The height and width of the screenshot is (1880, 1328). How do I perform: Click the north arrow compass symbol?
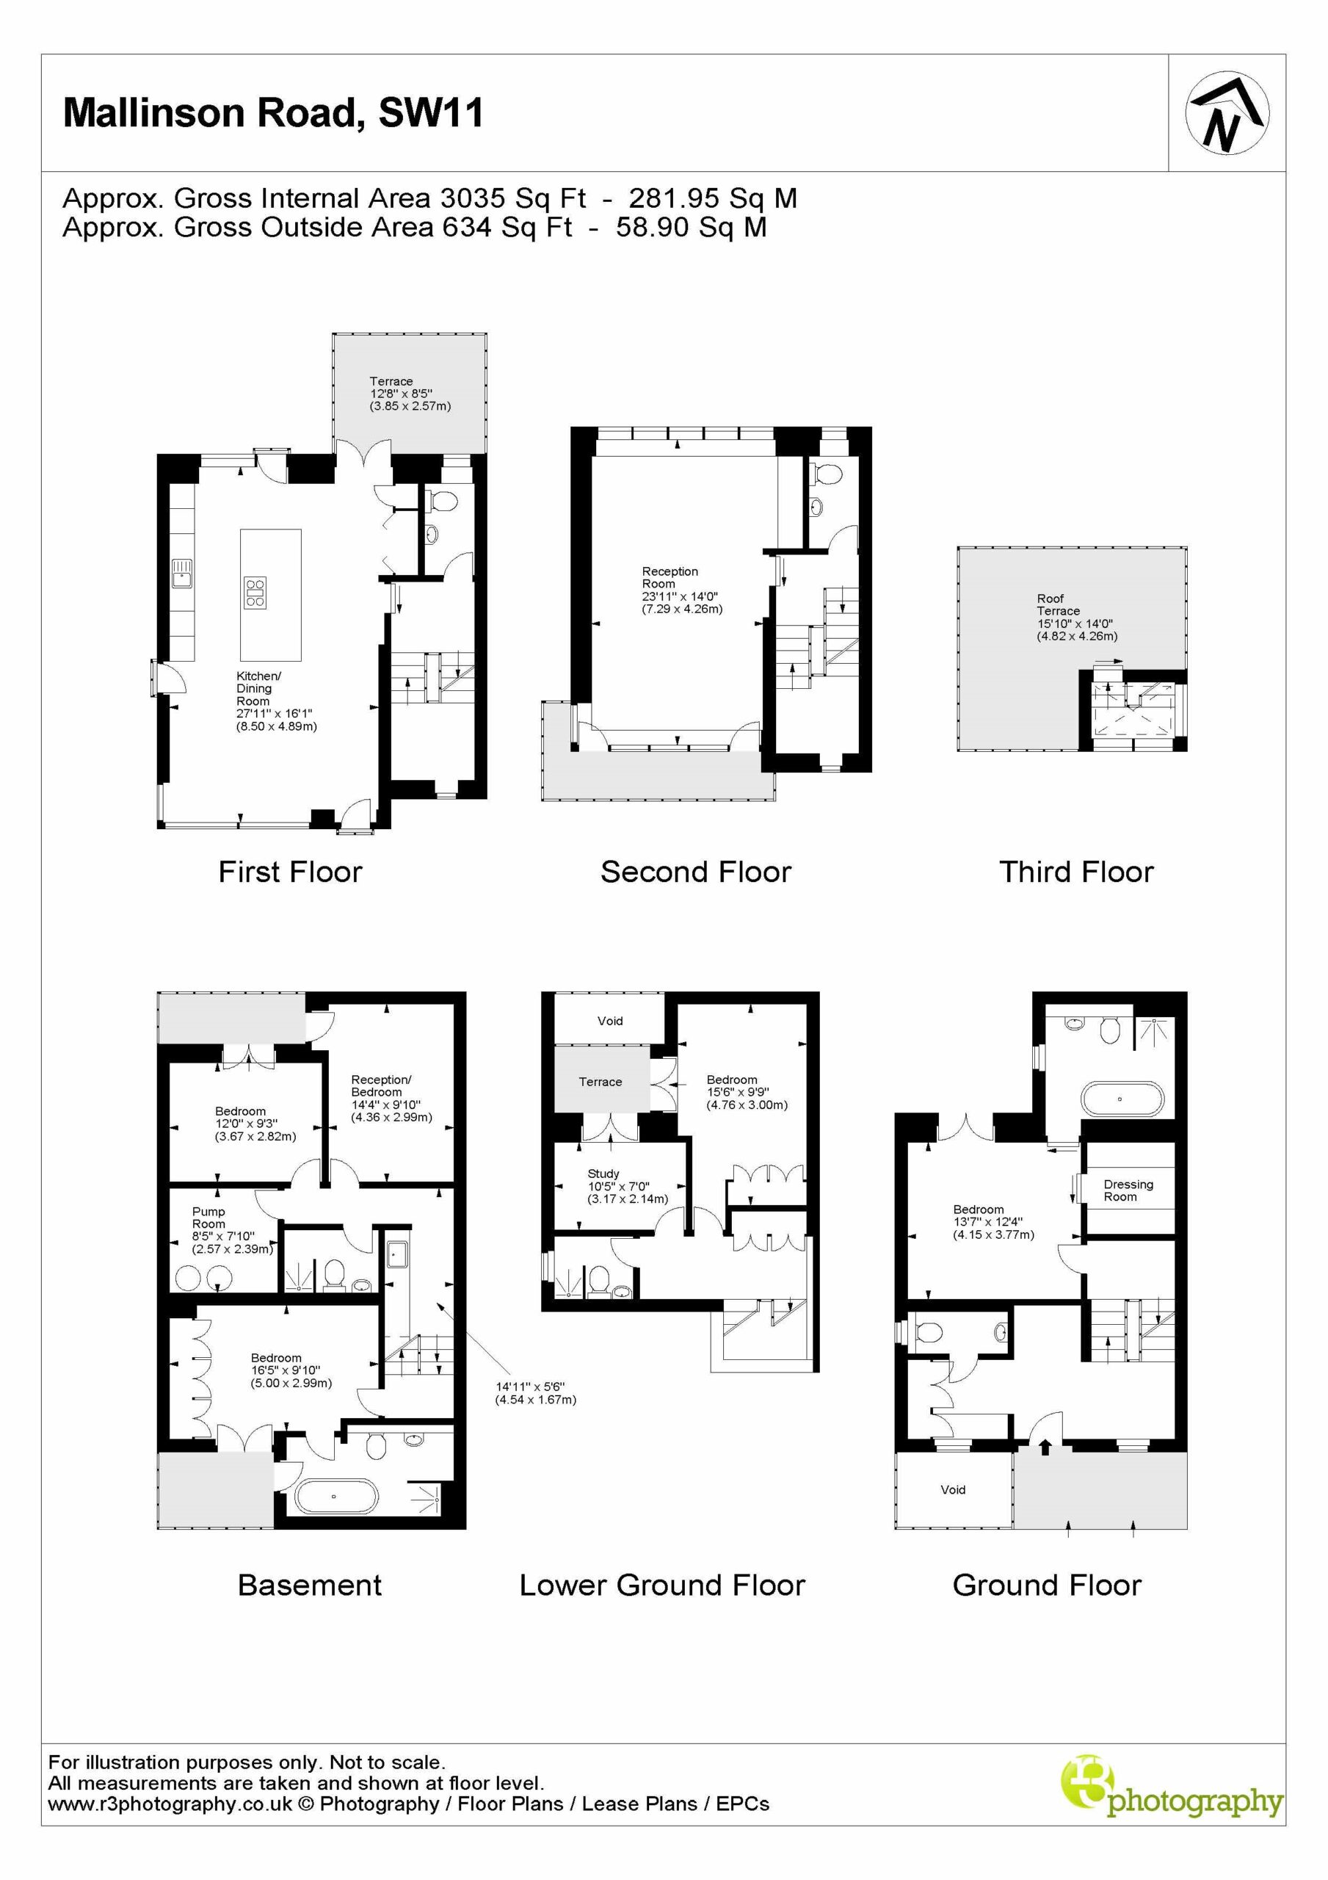pos(1227,114)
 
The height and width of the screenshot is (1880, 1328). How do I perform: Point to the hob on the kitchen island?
pos(255,592)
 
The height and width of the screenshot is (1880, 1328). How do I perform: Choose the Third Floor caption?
pos(1075,871)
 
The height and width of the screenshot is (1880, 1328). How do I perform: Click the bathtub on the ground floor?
pos(1121,1099)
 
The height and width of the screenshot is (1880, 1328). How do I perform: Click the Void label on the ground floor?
pos(953,1489)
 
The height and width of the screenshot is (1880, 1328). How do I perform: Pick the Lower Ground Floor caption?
pos(662,1586)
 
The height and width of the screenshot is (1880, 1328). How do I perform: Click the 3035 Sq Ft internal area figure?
pos(513,198)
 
